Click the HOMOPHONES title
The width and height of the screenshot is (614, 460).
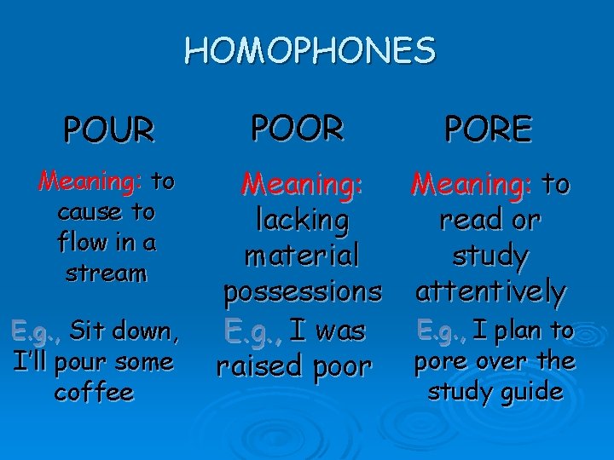point(310,51)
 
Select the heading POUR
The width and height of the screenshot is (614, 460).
point(109,130)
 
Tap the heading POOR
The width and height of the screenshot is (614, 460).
point(298,128)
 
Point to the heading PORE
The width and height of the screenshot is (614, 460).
point(487,130)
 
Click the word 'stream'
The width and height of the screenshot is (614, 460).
point(107,273)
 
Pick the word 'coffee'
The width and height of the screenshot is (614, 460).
point(94,392)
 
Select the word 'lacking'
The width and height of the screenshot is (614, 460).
point(303,221)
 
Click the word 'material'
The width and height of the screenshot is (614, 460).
point(302,256)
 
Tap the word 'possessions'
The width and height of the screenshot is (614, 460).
point(303,292)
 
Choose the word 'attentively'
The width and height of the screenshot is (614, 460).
point(490,292)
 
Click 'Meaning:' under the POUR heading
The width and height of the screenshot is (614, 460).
point(90,181)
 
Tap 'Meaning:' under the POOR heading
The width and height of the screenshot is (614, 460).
point(303,182)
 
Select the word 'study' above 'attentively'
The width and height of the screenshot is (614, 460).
point(490,256)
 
